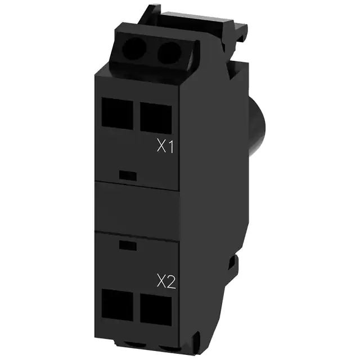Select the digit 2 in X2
[170, 281]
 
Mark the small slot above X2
[128, 245]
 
